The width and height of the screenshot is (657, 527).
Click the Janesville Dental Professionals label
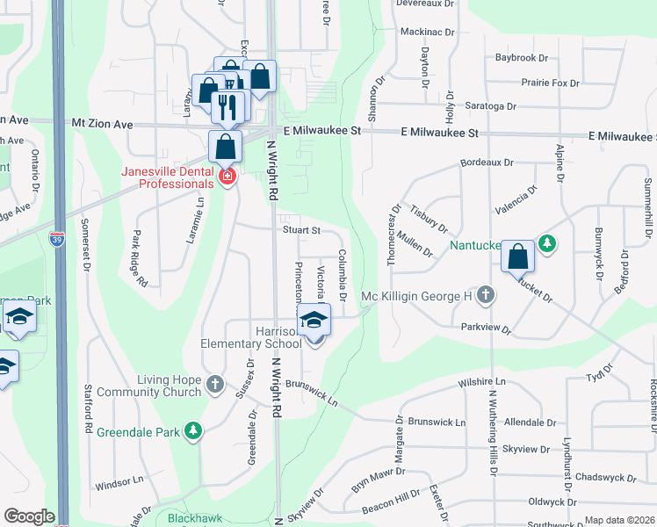[x=167, y=177]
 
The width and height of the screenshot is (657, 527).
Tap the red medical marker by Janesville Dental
[x=227, y=177]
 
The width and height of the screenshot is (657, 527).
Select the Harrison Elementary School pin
[x=314, y=321]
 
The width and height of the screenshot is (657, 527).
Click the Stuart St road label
[x=300, y=230]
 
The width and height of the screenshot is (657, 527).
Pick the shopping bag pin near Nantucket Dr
[x=518, y=257]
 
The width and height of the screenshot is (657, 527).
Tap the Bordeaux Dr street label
[x=486, y=162]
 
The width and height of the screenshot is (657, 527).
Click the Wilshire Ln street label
[x=482, y=382]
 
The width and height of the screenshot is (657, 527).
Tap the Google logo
[x=29, y=516]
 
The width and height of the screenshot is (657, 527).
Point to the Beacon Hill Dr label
[x=391, y=497]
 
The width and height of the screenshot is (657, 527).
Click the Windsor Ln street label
[x=119, y=481]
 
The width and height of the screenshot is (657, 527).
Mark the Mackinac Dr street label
[x=427, y=32]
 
